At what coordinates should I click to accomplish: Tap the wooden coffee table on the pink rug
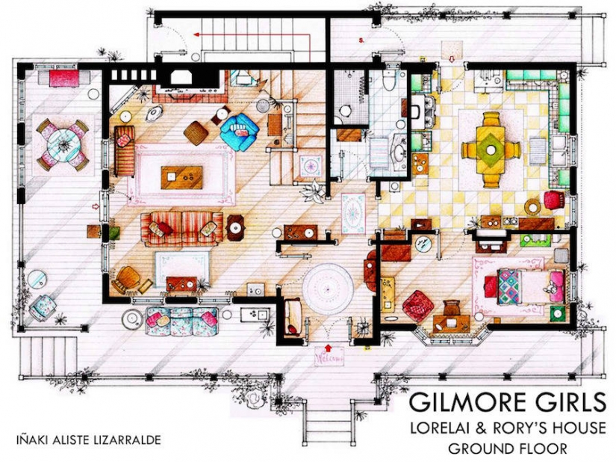(x=181, y=178)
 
